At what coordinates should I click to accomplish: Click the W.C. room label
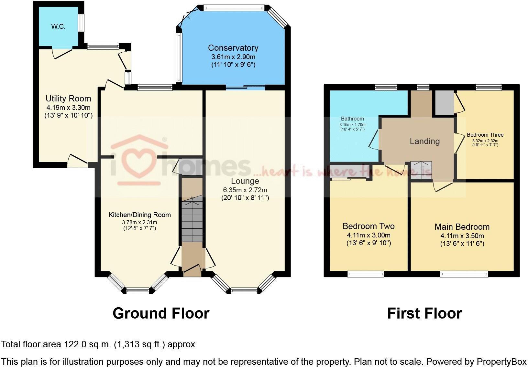point(58,27)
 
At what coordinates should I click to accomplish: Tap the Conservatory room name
point(233,48)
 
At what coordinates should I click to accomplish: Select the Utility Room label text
point(68,99)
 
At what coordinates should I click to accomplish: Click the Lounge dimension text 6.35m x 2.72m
point(245,190)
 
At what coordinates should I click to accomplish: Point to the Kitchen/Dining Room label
point(139,215)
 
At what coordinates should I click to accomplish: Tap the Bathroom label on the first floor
point(352,119)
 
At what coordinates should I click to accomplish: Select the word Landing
point(424,141)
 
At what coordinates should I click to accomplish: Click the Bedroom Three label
point(485,135)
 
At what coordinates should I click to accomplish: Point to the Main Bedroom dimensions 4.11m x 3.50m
point(462,236)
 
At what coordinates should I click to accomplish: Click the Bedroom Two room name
point(368,226)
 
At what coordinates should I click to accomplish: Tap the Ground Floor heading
point(161,313)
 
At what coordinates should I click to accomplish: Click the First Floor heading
point(424,313)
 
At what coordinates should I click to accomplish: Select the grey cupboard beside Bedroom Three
point(444,102)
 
